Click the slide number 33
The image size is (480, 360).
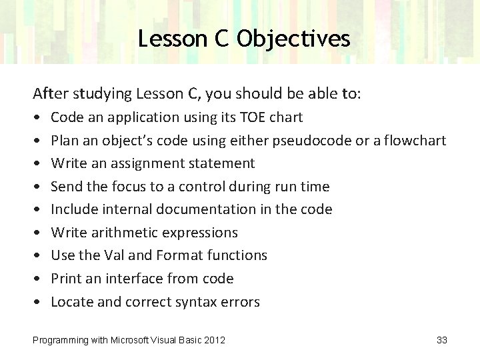coord(441,341)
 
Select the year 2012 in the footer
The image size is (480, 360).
coord(214,341)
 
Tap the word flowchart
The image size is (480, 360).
coord(417,141)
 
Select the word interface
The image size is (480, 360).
coord(130,279)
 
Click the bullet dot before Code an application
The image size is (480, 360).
coord(36,118)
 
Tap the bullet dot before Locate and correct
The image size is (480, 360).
coord(36,303)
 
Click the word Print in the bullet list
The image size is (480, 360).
coord(65,279)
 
